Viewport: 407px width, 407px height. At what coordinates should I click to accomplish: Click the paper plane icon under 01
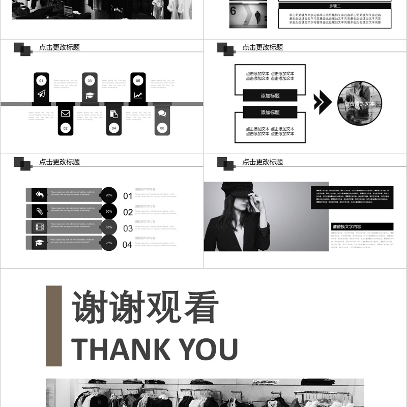pos(41,94)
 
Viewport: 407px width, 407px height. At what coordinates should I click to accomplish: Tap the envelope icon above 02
pos(65,113)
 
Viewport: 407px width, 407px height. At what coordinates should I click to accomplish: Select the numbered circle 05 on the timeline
pos(138,80)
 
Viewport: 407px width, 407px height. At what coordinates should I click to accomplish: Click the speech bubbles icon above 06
pos(162,113)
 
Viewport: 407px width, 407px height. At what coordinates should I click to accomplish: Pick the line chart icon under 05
pos(138,95)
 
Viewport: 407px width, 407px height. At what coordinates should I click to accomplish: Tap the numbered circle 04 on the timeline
pos(114,128)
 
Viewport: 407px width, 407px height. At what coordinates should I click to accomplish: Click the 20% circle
pos(109,195)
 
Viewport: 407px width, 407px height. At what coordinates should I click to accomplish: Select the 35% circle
pos(109,227)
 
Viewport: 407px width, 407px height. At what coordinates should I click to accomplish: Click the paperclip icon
pos(39,211)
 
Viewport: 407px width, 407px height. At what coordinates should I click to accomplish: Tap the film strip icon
pos(39,227)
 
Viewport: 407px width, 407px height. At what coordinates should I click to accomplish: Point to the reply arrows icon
pos(39,194)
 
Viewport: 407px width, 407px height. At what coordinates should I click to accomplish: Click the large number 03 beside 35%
pos(128,228)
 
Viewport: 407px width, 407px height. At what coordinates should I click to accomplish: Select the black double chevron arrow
pos(322,102)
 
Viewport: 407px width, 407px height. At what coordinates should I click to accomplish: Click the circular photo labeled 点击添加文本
pos(360,103)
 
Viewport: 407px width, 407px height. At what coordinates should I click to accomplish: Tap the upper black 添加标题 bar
pos(270,95)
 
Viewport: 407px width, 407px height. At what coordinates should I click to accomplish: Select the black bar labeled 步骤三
pos(335,6)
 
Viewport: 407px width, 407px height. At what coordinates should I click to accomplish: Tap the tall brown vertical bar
pos(54,326)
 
